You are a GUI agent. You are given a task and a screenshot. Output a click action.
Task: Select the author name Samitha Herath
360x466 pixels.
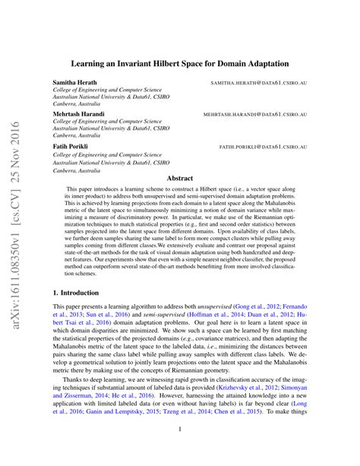coord(74,81)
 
